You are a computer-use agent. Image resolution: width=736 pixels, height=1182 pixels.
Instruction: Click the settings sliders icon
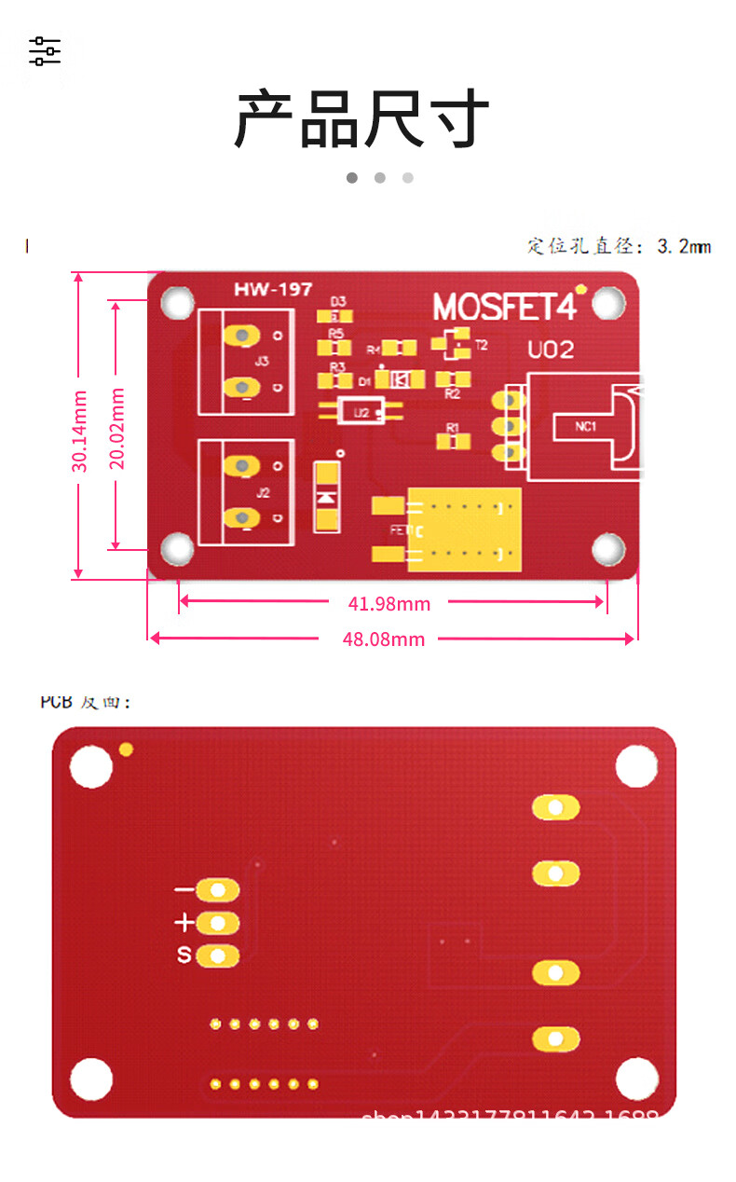[x=45, y=51]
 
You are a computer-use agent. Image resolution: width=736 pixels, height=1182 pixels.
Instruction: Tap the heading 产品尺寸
[x=361, y=120]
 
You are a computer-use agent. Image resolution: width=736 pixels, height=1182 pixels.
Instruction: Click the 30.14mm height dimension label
[x=80, y=431]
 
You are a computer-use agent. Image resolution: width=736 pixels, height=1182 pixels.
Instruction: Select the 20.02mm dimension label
[x=117, y=428]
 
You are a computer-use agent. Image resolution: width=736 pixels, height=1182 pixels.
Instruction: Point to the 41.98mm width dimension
[x=389, y=604]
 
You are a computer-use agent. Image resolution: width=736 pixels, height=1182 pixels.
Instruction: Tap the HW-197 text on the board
[x=273, y=290]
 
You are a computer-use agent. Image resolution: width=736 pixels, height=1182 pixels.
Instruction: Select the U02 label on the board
[x=551, y=350]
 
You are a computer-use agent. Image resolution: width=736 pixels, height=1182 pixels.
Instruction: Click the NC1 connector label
[x=585, y=427]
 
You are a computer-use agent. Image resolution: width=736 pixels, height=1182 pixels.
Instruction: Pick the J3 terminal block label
[x=262, y=361]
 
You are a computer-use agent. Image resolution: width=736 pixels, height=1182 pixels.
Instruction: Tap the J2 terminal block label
[x=262, y=491]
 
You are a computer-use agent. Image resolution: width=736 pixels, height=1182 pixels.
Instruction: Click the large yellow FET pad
[x=464, y=529]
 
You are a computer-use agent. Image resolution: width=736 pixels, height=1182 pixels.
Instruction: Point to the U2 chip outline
[x=361, y=411]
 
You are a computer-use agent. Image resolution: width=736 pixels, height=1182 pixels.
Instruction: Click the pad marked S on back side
[x=218, y=955]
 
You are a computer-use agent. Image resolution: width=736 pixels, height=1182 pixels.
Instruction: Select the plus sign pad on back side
[x=218, y=923]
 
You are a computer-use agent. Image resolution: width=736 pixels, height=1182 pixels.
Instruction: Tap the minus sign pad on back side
[x=218, y=890]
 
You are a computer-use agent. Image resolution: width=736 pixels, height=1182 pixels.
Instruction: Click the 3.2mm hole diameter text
[x=619, y=246]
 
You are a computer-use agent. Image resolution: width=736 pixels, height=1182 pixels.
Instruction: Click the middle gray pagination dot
[x=380, y=177]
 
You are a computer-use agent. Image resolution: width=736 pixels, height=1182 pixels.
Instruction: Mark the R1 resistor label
[x=453, y=428]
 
